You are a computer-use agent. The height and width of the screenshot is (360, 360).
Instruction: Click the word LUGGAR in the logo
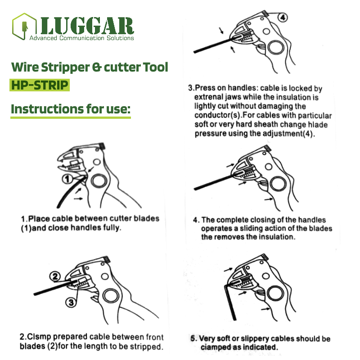[87, 26]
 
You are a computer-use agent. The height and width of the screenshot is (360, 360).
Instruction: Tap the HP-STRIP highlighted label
[40, 85]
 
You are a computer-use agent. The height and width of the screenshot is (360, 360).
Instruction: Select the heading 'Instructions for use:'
[71, 109]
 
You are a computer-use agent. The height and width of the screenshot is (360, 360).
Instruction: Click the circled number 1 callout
[67, 179]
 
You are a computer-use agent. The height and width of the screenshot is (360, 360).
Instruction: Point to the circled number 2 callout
[55, 276]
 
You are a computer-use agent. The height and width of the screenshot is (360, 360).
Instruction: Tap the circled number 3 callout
[71, 302]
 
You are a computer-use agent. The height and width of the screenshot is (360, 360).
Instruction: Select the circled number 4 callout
[283, 18]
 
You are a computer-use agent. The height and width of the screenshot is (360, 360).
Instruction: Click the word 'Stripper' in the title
[65, 67]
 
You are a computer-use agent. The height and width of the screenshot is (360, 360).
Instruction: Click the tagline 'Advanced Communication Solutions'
[81, 38]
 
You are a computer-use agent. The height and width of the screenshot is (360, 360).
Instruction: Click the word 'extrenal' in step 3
[209, 97]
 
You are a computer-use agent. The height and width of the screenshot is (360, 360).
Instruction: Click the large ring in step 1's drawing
[99, 181]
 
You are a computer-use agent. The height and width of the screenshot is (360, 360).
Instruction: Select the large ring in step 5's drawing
[275, 293]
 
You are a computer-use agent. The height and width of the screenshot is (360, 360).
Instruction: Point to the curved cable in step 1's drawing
[69, 193]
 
